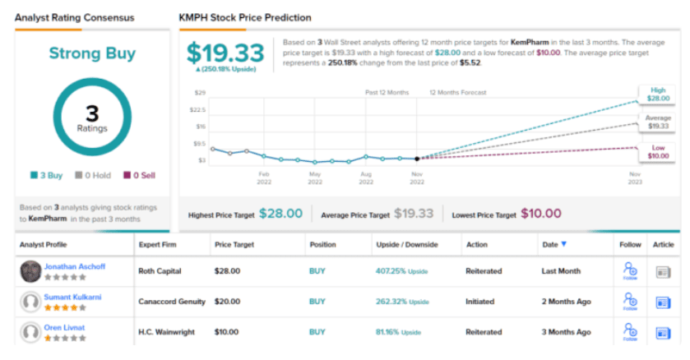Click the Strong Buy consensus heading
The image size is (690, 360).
point(91,54)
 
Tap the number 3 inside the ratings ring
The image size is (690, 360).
point(92,113)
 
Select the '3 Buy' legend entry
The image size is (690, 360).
point(47,174)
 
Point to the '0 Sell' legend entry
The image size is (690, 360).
point(138,174)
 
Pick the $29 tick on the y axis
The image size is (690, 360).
point(201,93)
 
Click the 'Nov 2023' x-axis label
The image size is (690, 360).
point(635,178)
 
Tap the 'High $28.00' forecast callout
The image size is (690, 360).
point(657,94)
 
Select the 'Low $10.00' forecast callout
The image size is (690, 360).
point(657,151)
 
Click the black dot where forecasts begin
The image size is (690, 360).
point(417,159)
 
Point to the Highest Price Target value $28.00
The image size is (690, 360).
point(280,215)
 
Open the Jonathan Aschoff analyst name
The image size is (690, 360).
point(75,266)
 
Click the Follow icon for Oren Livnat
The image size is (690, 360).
point(630,333)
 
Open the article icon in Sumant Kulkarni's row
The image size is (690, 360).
point(664,302)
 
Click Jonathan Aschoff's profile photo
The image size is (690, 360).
point(31,270)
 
